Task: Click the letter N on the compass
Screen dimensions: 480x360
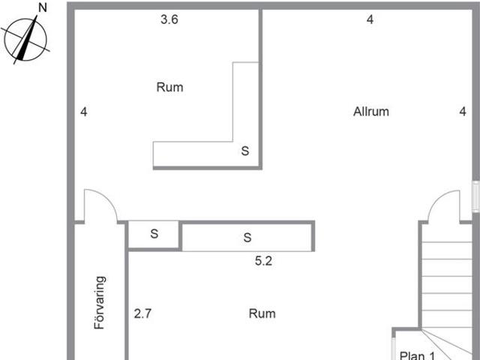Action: [x=43, y=8]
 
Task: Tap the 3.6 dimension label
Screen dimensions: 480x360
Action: [x=169, y=19]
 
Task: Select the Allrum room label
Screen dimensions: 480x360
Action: [x=371, y=112]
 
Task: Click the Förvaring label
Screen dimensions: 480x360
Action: [x=100, y=302]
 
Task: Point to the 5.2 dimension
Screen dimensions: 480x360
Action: [x=263, y=261]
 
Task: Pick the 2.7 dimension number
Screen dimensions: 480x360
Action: [x=142, y=313]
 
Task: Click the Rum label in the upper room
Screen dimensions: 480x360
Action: [x=170, y=87]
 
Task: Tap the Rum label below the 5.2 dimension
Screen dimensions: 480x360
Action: [x=262, y=313]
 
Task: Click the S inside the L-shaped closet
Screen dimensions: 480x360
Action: [x=245, y=151]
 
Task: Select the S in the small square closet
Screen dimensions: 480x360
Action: [x=154, y=234]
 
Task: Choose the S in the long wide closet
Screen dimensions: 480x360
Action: [x=247, y=238]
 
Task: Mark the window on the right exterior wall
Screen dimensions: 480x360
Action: [x=475, y=196]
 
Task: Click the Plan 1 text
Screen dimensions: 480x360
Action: [x=417, y=355]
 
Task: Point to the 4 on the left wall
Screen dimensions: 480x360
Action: [x=83, y=112]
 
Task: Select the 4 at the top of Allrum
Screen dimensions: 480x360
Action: [x=370, y=19]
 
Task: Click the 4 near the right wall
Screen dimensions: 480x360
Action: [x=463, y=112]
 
